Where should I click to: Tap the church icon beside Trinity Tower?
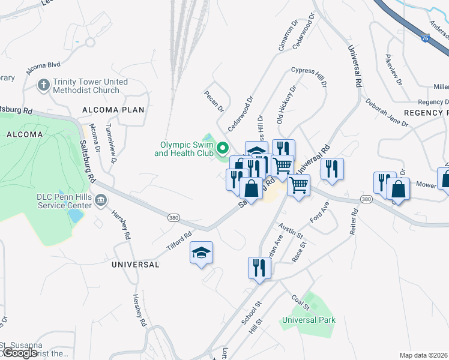pyautogui.click(x=43, y=85)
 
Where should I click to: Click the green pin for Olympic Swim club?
pyautogui.click(x=223, y=148)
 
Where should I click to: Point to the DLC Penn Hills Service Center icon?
pyautogui.click(x=100, y=199)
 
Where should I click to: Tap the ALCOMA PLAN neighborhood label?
pyautogui.click(x=114, y=110)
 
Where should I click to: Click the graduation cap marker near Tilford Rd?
pyautogui.click(x=202, y=253)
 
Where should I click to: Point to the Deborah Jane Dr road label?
pyautogui.click(x=387, y=113)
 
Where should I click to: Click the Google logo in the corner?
pyautogui.click(x=19, y=353)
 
